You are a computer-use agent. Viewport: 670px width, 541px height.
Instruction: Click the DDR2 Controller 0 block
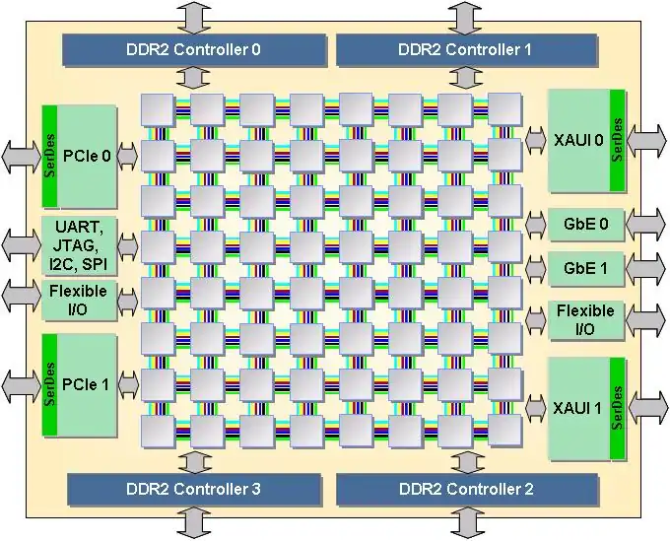pos(194,47)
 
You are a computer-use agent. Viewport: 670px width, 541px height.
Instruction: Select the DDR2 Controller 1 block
pos(466,47)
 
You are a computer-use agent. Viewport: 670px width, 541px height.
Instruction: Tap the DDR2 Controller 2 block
pos(466,488)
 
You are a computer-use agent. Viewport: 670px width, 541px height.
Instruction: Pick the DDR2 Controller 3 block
pos(194,488)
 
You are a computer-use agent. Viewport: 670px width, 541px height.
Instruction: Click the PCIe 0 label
pos(87,154)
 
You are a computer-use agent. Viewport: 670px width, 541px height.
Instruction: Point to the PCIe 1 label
pos(87,383)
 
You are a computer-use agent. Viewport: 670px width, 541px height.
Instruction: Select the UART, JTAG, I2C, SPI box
pos(79,246)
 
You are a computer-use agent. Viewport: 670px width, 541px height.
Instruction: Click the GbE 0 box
pos(585,225)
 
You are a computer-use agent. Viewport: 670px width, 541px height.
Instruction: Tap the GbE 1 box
pos(585,267)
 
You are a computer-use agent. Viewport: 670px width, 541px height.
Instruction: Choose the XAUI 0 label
pos(577,140)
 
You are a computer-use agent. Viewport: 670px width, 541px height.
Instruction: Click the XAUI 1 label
pos(577,407)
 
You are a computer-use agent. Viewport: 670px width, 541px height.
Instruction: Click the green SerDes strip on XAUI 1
pos(618,407)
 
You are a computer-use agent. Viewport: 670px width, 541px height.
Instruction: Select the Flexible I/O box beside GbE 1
pos(585,319)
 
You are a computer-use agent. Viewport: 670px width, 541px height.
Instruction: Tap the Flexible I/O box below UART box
pos(79,300)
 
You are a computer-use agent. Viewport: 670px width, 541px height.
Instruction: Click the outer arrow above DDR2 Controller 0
pos(193,17)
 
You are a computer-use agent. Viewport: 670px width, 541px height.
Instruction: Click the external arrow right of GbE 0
pos(645,225)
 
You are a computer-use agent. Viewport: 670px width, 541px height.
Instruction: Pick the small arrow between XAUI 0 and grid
pos(536,140)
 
